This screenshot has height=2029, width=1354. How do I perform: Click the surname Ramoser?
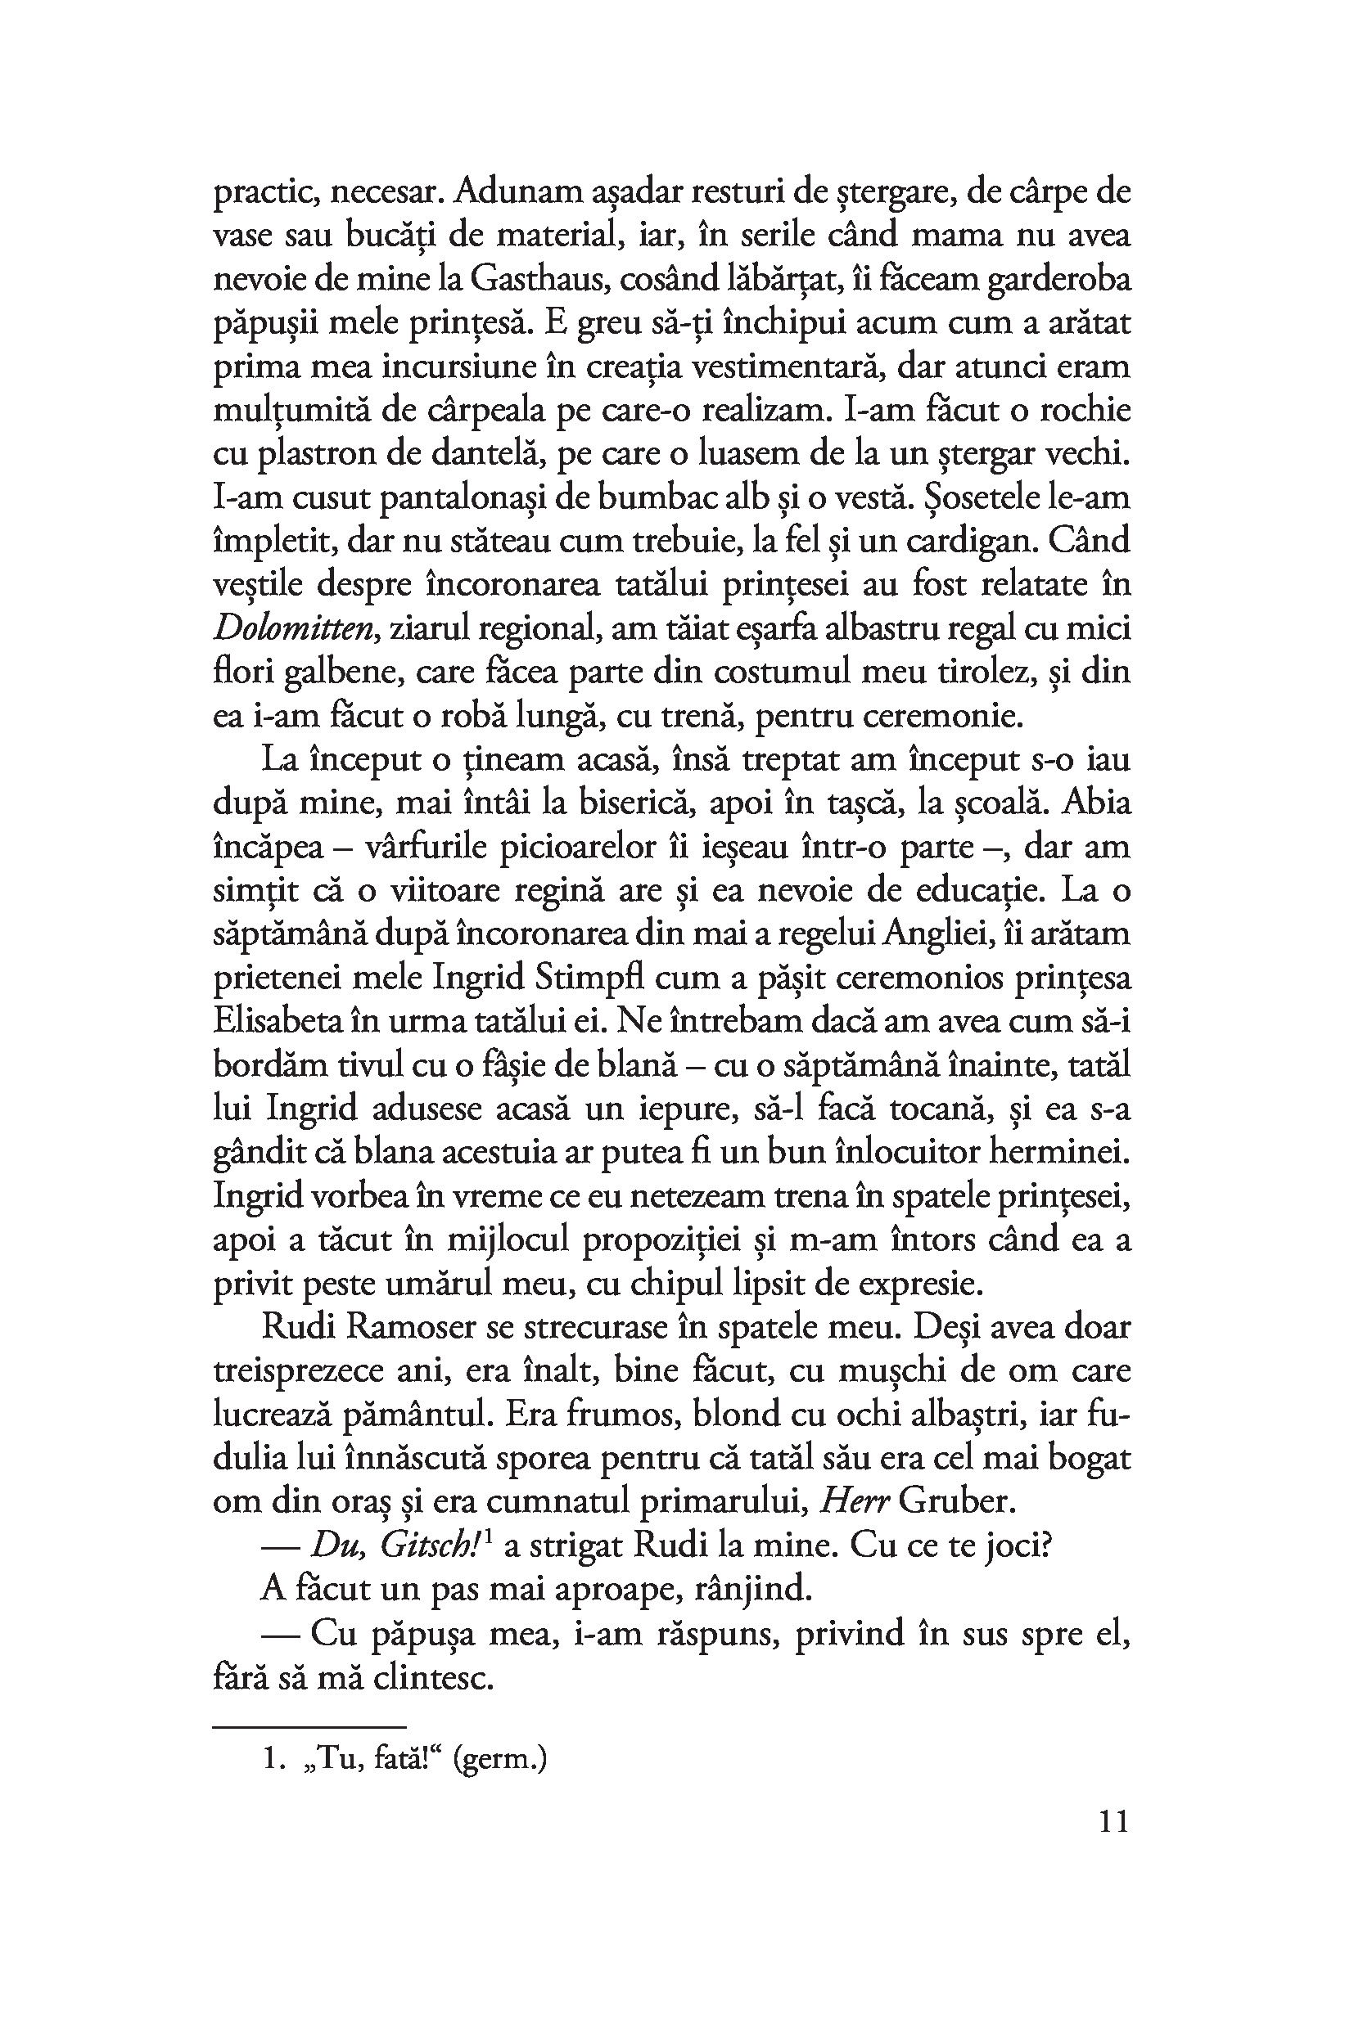pos(410,1326)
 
